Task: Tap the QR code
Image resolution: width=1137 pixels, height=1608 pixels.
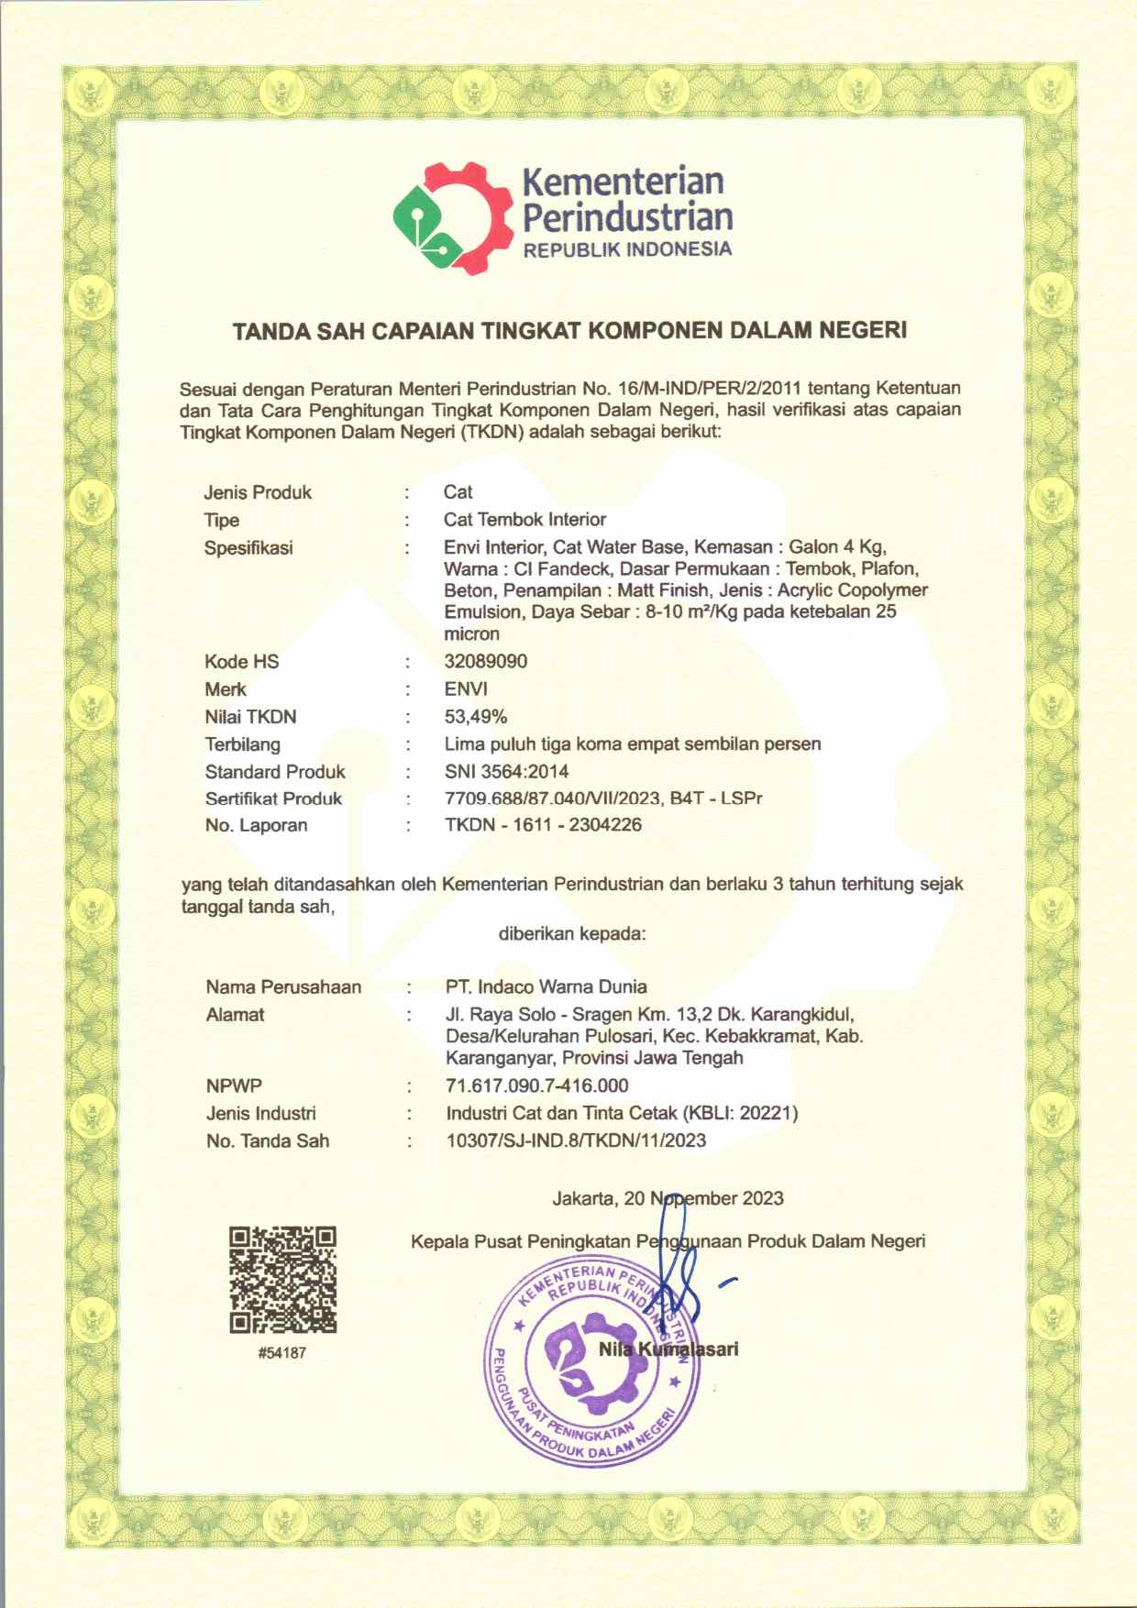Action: (282, 1279)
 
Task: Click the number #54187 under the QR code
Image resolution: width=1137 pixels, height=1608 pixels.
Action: (282, 1353)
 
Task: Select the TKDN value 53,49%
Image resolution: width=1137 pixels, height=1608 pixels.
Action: (476, 716)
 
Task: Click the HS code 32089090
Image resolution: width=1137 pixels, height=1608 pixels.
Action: (486, 661)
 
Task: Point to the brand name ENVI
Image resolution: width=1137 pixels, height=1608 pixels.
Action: (466, 688)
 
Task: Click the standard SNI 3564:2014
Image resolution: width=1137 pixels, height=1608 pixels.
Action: (506, 771)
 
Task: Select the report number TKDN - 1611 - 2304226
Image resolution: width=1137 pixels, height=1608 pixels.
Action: (543, 824)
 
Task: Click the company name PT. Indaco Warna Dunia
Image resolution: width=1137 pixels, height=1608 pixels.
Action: (546, 986)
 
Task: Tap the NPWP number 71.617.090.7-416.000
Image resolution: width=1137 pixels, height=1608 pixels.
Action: (537, 1085)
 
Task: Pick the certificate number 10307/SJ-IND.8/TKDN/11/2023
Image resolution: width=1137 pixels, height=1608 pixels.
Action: (576, 1140)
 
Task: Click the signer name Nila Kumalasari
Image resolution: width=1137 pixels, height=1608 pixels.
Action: (668, 1349)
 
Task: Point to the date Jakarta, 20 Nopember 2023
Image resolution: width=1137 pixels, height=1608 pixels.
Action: (668, 1198)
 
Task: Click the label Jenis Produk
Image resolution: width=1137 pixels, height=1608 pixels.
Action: (258, 492)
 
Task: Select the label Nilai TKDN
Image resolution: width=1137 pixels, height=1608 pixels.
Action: (250, 716)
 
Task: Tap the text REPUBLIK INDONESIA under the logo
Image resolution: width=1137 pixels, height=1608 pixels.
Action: (627, 249)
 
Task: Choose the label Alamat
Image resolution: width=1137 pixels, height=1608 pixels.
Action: (235, 1014)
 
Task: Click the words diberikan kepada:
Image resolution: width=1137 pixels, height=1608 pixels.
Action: (572, 934)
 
